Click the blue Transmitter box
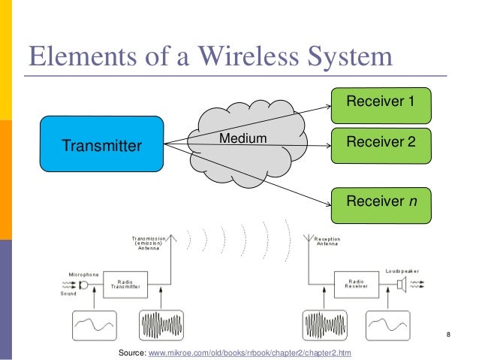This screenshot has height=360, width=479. (x=101, y=145)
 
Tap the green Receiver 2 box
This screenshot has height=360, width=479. (x=381, y=141)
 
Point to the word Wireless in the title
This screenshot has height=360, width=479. (x=243, y=57)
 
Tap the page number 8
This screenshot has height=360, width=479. (x=448, y=334)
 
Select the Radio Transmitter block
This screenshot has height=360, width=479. (x=125, y=283)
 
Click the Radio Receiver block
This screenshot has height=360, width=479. (x=356, y=283)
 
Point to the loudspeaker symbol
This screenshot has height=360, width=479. (x=402, y=284)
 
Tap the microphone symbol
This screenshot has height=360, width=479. (x=83, y=284)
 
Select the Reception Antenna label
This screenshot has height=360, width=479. (x=327, y=241)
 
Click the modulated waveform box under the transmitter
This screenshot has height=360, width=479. (x=161, y=325)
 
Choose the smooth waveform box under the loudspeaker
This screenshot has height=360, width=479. (x=389, y=325)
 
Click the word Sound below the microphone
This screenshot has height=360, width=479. (x=68, y=295)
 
